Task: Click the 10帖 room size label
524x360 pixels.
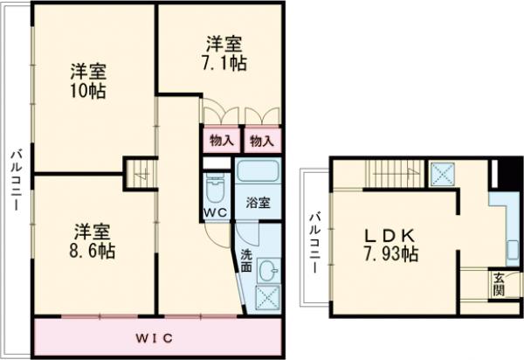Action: (x=90, y=91)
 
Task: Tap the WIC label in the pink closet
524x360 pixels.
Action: (x=158, y=337)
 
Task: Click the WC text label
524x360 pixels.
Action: (x=215, y=213)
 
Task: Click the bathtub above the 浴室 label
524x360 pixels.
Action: (x=258, y=170)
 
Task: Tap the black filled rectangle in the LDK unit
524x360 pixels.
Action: (x=500, y=174)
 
